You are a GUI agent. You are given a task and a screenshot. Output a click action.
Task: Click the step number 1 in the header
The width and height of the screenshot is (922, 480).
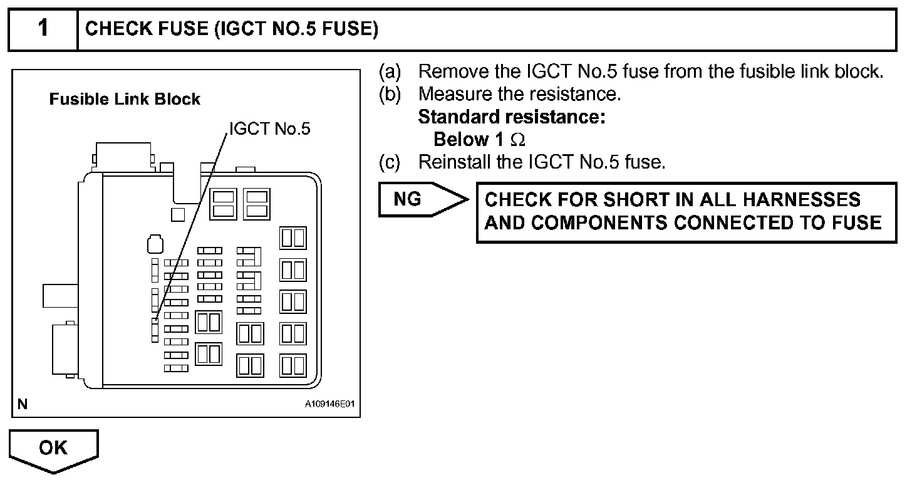[43, 29]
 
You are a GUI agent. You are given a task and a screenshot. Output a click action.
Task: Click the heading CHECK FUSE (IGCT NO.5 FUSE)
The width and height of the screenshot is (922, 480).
[231, 29]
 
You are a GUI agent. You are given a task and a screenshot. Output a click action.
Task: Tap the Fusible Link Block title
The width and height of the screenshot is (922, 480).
[125, 99]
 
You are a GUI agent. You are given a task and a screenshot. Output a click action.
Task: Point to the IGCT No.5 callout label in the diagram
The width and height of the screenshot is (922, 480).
[269, 128]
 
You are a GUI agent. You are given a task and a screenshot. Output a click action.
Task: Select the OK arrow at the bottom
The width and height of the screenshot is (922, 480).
[53, 448]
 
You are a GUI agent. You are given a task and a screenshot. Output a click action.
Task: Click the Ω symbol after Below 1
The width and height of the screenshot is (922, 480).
[518, 140]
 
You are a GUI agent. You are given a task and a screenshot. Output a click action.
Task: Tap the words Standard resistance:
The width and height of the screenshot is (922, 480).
[511, 117]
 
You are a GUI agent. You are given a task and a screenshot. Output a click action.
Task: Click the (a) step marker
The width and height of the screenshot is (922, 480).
[389, 71]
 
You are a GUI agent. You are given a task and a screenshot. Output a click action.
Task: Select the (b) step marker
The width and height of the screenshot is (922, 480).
[389, 94]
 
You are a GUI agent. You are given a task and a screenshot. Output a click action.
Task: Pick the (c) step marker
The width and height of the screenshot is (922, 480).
[389, 162]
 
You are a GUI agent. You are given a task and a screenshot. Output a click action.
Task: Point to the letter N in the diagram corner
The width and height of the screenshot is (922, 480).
[23, 404]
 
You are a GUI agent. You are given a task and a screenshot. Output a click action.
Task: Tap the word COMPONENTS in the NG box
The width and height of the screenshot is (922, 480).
[586, 222]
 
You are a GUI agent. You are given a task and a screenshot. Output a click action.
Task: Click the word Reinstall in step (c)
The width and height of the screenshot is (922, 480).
[455, 162]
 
